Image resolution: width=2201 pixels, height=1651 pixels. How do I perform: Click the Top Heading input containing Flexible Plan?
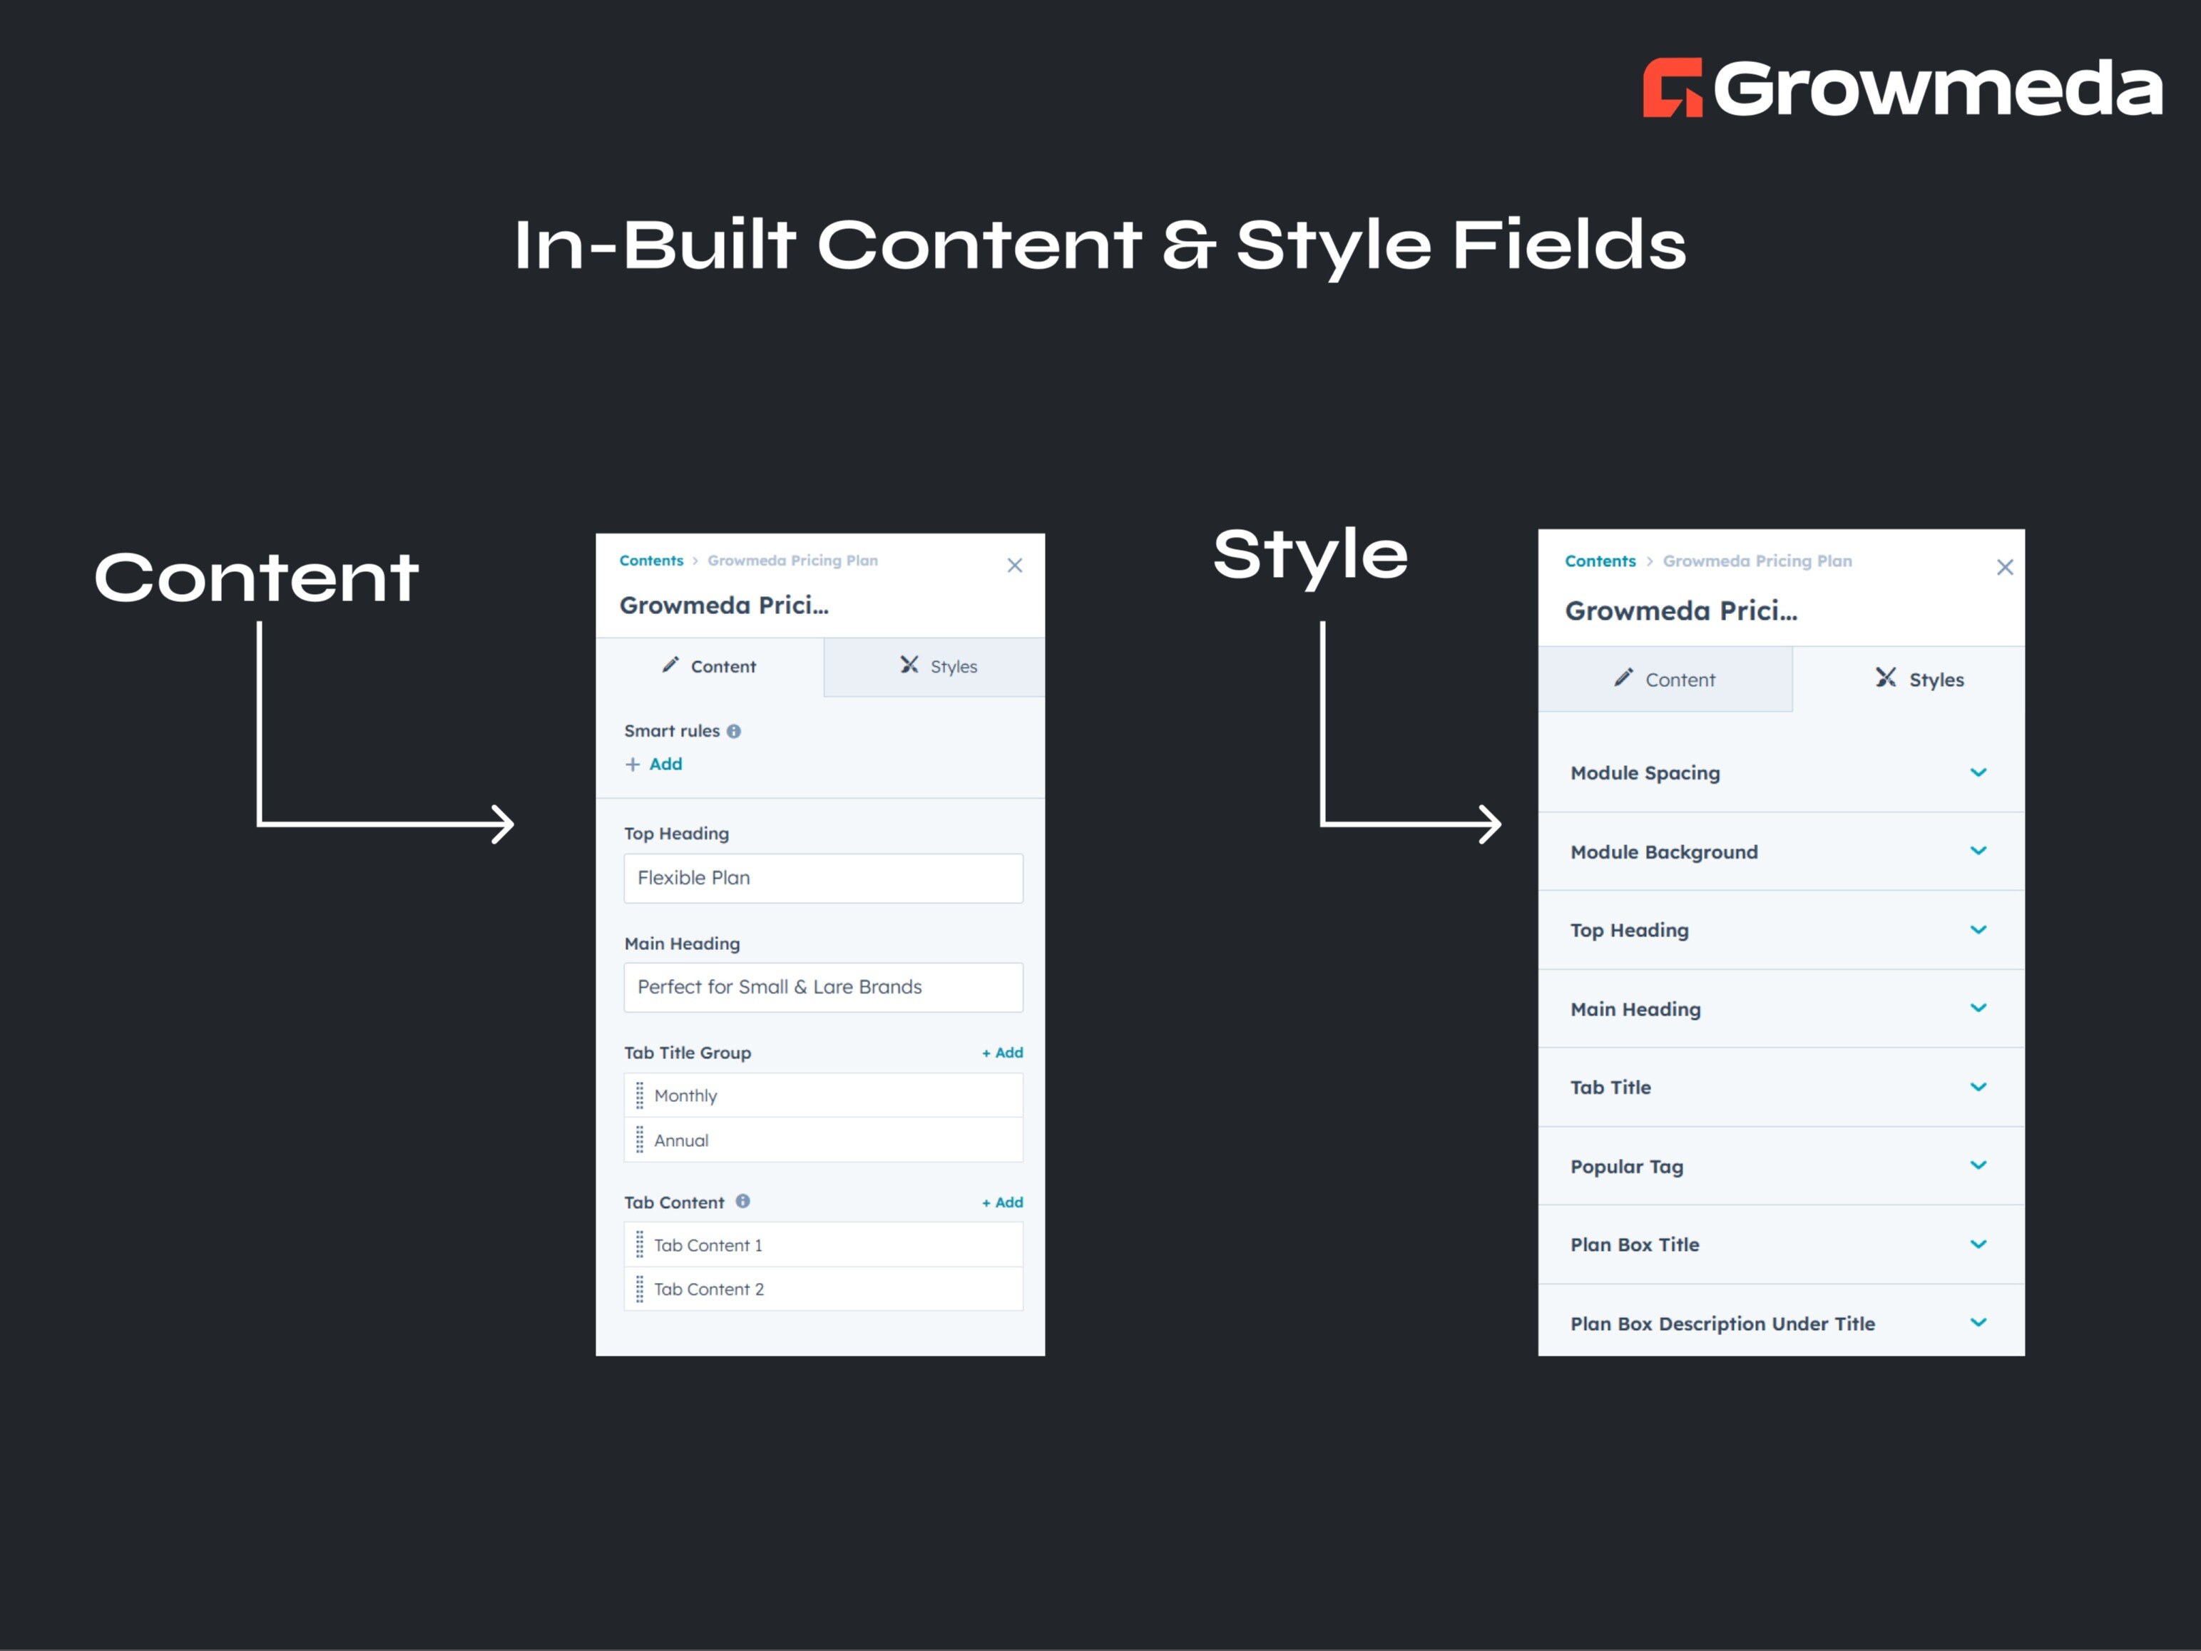(x=823, y=878)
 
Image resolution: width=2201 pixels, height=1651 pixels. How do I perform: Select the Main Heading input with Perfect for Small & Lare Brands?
(x=823, y=987)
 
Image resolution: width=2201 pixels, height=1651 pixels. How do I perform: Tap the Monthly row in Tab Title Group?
(x=823, y=1095)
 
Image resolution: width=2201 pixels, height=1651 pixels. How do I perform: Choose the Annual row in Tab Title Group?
(x=823, y=1140)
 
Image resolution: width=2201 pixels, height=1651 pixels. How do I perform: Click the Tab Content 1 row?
(x=823, y=1245)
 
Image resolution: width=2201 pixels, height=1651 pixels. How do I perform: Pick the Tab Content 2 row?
(x=823, y=1289)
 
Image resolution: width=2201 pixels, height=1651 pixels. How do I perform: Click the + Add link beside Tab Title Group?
(x=1002, y=1053)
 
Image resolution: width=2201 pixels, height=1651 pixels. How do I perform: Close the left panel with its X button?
(x=1014, y=566)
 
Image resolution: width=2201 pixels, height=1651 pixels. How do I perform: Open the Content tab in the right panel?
(x=1665, y=680)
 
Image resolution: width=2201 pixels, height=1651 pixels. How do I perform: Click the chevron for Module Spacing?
(x=1978, y=772)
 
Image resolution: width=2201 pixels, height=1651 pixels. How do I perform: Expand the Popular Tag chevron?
(x=1978, y=1165)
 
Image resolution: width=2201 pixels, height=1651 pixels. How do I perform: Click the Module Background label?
(x=1664, y=852)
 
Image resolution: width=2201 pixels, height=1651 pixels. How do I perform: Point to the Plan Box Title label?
(x=1635, y=1245)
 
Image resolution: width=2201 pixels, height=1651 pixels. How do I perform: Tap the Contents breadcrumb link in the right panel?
(x=1599, y=561)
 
